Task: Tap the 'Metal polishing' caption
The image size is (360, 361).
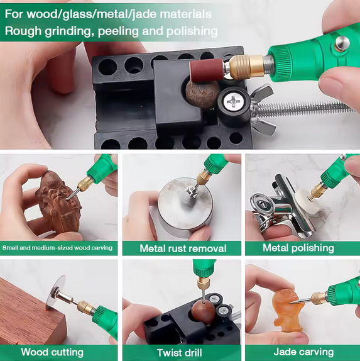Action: click(x=298, y=248)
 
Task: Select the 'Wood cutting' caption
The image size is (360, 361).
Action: click(x=52, y=352)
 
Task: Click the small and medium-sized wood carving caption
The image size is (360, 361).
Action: click(x=58, y=248)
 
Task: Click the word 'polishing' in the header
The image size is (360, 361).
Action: click(x=187, y=31)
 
